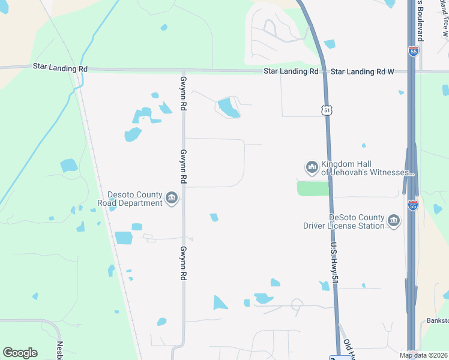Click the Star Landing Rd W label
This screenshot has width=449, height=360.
362,71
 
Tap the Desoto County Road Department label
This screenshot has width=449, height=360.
135,199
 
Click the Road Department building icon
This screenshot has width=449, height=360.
172,198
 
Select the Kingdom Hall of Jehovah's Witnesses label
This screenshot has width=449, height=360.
368,168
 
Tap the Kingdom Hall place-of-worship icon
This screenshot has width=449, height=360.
312,167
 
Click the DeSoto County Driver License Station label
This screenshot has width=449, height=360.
356,221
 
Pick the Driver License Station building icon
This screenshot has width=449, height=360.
394,221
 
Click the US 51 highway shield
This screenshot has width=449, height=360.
326,110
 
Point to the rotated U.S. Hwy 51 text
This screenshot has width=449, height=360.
334,263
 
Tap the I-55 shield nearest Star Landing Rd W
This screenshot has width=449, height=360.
413,52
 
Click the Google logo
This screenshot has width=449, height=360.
20,353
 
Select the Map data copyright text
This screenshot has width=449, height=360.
424,355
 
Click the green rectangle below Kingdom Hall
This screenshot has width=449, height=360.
313,188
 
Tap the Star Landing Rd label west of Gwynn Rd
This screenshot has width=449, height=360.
61,68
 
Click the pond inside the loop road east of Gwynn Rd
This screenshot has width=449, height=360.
228,108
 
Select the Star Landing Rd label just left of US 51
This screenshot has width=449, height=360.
291,71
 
